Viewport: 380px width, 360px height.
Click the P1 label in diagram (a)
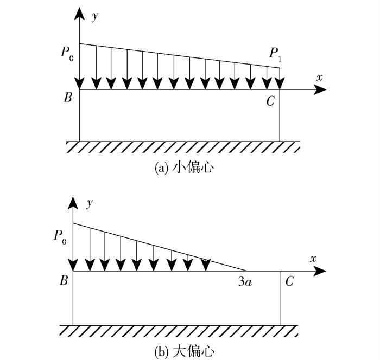276,54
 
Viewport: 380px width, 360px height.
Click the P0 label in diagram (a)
67,54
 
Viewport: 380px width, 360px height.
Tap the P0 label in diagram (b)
60,237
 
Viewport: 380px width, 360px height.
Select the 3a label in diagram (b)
245,281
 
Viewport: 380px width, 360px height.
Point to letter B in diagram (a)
68,98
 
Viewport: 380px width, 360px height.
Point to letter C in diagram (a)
270,101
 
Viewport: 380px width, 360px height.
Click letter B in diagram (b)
64,281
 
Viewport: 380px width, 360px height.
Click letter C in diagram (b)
289,281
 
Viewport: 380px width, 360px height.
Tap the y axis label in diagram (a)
95,17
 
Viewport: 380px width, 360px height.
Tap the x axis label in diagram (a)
319,78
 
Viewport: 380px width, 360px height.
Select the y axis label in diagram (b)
90,203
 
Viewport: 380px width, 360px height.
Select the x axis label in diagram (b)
313,259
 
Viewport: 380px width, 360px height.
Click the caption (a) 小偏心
184,168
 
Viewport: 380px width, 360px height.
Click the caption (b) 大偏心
184,351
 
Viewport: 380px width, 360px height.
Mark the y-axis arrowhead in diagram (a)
79,14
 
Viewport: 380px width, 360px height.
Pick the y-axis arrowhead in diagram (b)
73,203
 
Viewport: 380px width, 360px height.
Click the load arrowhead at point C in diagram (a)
280,83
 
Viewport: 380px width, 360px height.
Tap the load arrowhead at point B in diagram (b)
73,265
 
